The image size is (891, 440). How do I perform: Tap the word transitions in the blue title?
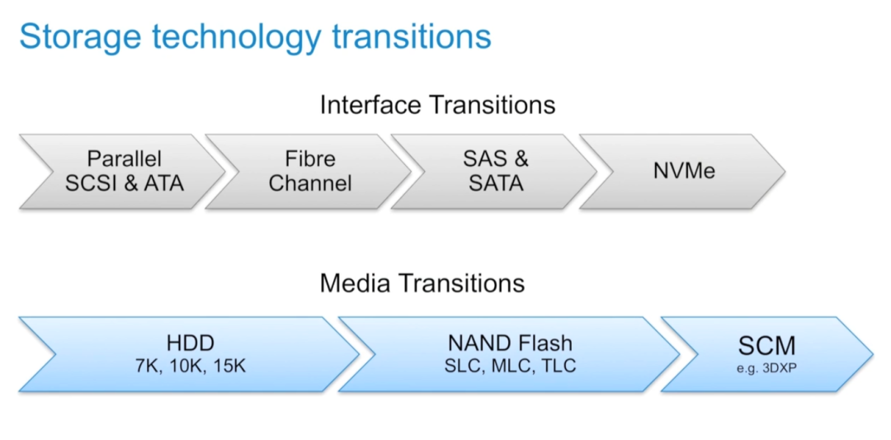412,36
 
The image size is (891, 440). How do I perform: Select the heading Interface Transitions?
437,105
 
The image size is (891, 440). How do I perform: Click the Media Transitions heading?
422,283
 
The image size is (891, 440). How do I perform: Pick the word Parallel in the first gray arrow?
125,158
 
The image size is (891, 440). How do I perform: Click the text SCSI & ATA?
125,183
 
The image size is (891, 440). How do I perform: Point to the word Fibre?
310,158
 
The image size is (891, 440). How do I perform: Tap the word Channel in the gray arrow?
310,183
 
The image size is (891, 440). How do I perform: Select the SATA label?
496,183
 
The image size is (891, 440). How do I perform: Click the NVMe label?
684,172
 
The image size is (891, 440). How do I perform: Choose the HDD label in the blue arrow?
191,343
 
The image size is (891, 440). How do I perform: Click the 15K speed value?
229,366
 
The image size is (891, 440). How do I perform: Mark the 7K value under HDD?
148,366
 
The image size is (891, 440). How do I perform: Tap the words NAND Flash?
511,343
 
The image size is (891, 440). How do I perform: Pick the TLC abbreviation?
559,366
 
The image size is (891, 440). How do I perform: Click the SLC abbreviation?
463,366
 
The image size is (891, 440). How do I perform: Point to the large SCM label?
766,346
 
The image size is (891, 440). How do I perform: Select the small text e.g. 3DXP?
766,369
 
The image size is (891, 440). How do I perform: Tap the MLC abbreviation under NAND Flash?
511,366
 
